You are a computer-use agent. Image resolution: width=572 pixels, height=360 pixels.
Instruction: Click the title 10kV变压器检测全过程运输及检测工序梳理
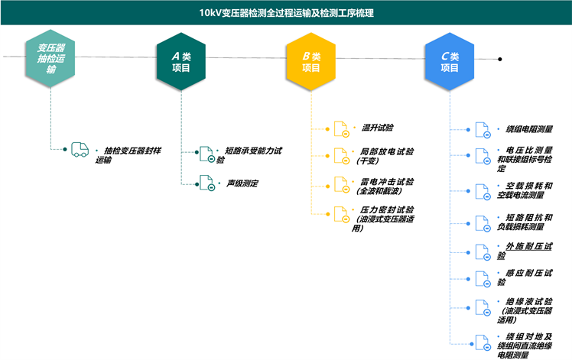286,13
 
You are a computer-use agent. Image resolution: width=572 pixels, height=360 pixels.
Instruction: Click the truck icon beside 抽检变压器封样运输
80,150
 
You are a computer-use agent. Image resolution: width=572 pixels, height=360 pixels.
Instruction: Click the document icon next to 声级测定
206,183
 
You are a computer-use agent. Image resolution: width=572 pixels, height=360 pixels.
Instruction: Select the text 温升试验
377,127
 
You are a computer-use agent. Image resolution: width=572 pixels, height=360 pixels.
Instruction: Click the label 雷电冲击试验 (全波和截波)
386,187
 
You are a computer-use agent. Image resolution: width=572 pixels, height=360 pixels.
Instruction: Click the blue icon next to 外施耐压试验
482,251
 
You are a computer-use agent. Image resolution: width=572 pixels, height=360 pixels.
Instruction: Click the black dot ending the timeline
500,59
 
